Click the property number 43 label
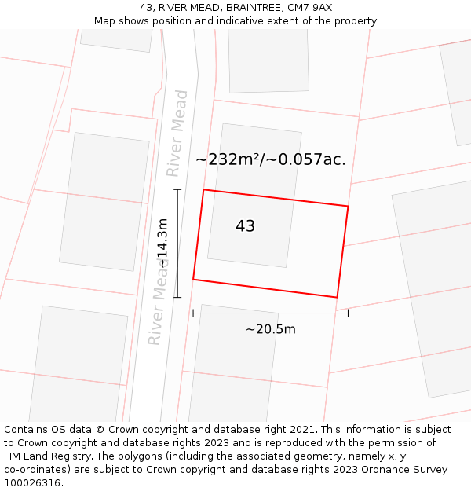point(245,226)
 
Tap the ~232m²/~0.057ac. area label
point(271,159)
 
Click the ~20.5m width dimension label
point(270,329)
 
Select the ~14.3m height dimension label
point(162,244)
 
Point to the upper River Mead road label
point(178,133)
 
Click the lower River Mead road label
point(159,302)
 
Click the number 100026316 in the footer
point(32,483)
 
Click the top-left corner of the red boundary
point(204,189)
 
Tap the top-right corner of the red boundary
point(348,206)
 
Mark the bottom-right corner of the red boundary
point(337,298)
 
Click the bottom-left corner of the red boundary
point(193,279)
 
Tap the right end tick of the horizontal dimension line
point(348,313)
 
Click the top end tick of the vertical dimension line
point(177,189)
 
